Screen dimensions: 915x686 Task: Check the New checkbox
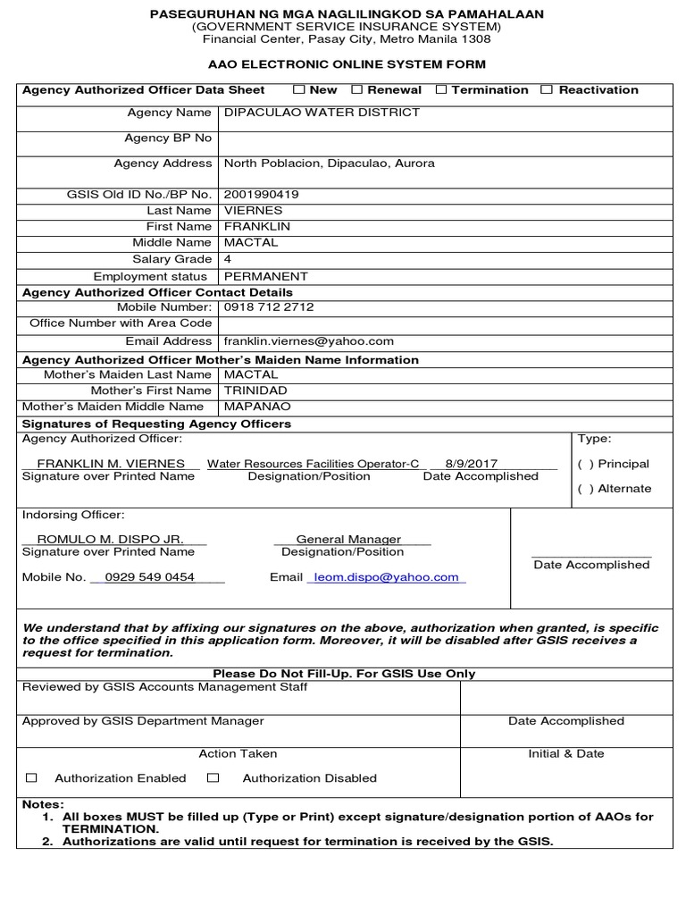299,89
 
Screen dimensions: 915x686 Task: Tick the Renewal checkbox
356,89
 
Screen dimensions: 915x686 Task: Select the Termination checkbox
441,89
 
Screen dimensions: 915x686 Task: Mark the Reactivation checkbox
547,89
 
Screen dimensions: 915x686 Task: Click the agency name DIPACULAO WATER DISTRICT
322,113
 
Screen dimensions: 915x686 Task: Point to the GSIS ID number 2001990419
261,194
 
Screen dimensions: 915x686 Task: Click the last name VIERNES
253,210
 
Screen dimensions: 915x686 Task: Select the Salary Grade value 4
228,258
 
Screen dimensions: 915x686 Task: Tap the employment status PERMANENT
265,276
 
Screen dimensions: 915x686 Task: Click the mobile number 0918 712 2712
268,306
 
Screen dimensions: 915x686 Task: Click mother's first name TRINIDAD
255,390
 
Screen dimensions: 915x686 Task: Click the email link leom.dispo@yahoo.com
385,577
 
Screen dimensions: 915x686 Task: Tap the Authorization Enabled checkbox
31,778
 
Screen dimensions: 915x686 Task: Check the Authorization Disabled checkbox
213,778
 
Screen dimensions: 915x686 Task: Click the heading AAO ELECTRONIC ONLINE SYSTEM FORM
347,64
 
